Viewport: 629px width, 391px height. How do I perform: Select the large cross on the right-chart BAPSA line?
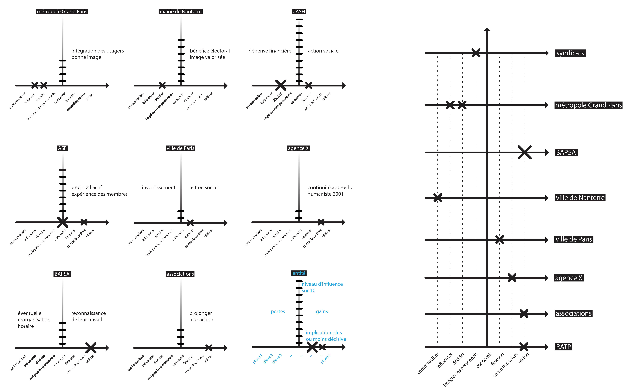point(524,152)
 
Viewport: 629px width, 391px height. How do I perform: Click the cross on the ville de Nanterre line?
point(438,198)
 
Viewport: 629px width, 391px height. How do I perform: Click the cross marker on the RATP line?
point(524,347)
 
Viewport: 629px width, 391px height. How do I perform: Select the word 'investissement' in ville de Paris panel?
point(159,188)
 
